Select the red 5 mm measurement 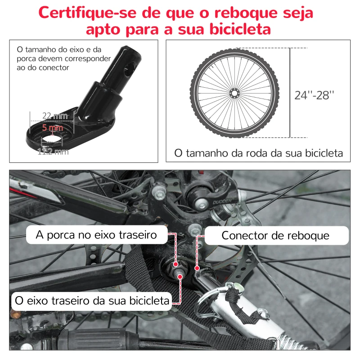coord(53,127)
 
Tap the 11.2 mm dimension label coord(53,151)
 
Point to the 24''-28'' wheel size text coord(315,95)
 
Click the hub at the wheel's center coord(234,93)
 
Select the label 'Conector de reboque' coord(275,236)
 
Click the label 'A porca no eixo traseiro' coord(97,235)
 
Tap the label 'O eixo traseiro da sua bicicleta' coord(92,300)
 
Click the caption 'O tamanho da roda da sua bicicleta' coord(258,153)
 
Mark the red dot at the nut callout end coord(175,264)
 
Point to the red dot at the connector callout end coord(197,269)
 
